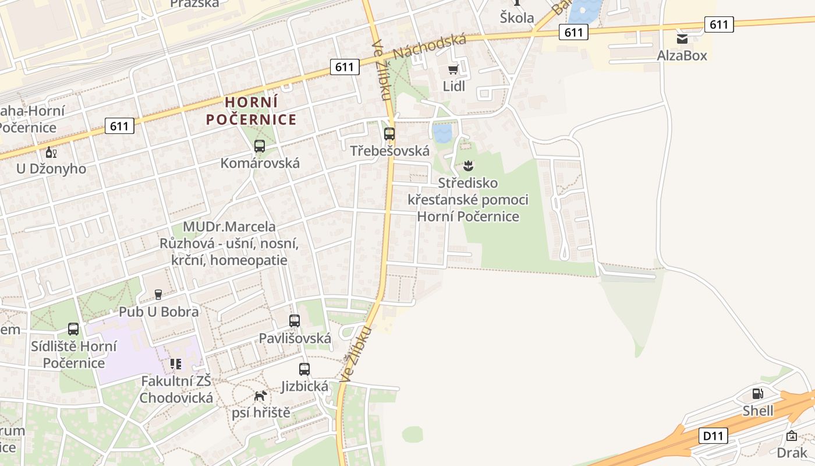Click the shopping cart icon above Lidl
453,70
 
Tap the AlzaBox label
682,56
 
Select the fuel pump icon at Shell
757,394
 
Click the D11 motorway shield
713,435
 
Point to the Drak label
792,452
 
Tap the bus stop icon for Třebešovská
389,134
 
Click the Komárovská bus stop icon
260,146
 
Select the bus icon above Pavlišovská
295,321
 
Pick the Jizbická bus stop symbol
304,369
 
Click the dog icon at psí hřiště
261,396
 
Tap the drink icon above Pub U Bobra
158,295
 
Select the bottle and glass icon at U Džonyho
51,153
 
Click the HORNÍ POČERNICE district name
251,111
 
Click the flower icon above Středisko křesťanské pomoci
468,167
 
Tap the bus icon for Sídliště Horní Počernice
73,329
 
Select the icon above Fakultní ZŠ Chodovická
175,365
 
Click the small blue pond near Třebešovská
442,133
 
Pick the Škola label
517,18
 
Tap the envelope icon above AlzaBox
682,39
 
